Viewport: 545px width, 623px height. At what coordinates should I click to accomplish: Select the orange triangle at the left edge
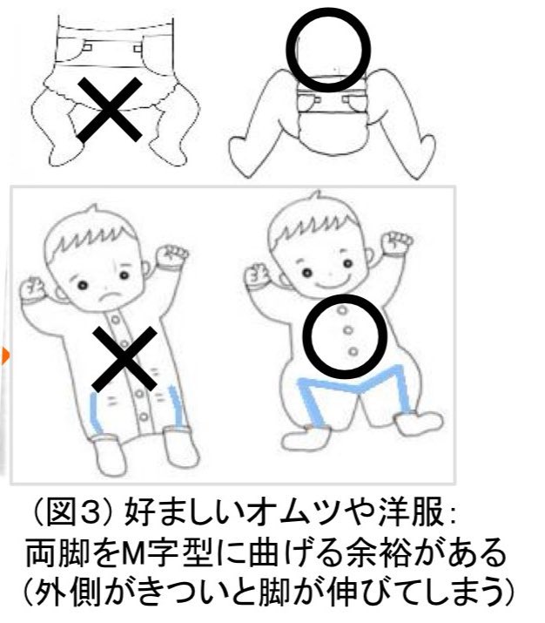pos(5,355)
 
